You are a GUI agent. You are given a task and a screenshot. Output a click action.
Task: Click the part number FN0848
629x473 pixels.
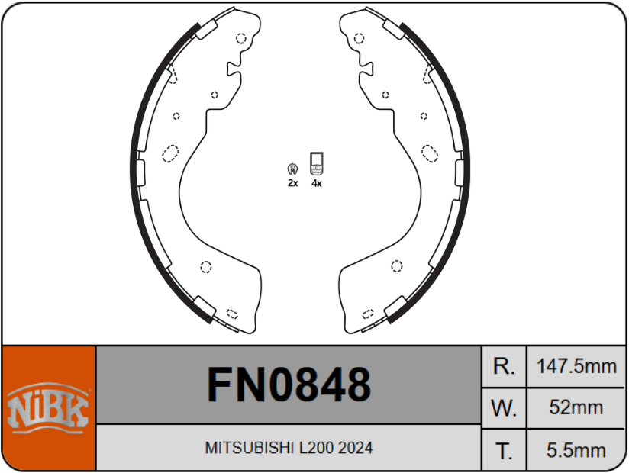click(289, 384)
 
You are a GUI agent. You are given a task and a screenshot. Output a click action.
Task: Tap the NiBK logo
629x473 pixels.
click(49, 407)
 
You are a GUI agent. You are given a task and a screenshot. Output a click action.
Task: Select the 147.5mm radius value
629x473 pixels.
click(576, 366)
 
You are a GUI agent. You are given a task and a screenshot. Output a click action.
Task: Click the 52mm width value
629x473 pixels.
click(576, 408)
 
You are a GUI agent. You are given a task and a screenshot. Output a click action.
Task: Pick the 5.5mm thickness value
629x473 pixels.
click(576, 450)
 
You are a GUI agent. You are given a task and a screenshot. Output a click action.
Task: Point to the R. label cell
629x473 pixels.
click(504, 366)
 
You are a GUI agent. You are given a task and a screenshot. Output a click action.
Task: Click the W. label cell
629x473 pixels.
click(504, 408)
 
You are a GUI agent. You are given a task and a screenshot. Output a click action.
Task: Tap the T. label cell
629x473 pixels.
click(504, 450)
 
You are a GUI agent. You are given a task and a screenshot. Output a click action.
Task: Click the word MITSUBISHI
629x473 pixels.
click(243, 448)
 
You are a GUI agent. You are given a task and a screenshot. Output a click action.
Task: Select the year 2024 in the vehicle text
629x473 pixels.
click(356, 448)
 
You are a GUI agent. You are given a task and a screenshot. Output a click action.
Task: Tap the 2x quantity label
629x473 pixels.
click(292, 184)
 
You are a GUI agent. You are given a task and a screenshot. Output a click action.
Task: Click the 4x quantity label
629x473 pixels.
click(316, 184)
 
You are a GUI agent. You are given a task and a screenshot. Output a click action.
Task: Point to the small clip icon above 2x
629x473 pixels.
click(292, 169)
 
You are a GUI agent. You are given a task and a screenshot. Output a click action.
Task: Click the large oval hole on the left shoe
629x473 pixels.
click(170, 153)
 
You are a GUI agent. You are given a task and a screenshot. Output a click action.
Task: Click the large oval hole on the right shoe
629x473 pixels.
click(431, 153)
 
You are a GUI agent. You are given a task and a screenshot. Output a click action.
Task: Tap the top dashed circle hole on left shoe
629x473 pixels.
click(241, 38)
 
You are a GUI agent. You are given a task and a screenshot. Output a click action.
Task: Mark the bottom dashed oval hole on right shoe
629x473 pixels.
click(369, 313)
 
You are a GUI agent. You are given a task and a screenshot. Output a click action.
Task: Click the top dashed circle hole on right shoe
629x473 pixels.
click(359, 38)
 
